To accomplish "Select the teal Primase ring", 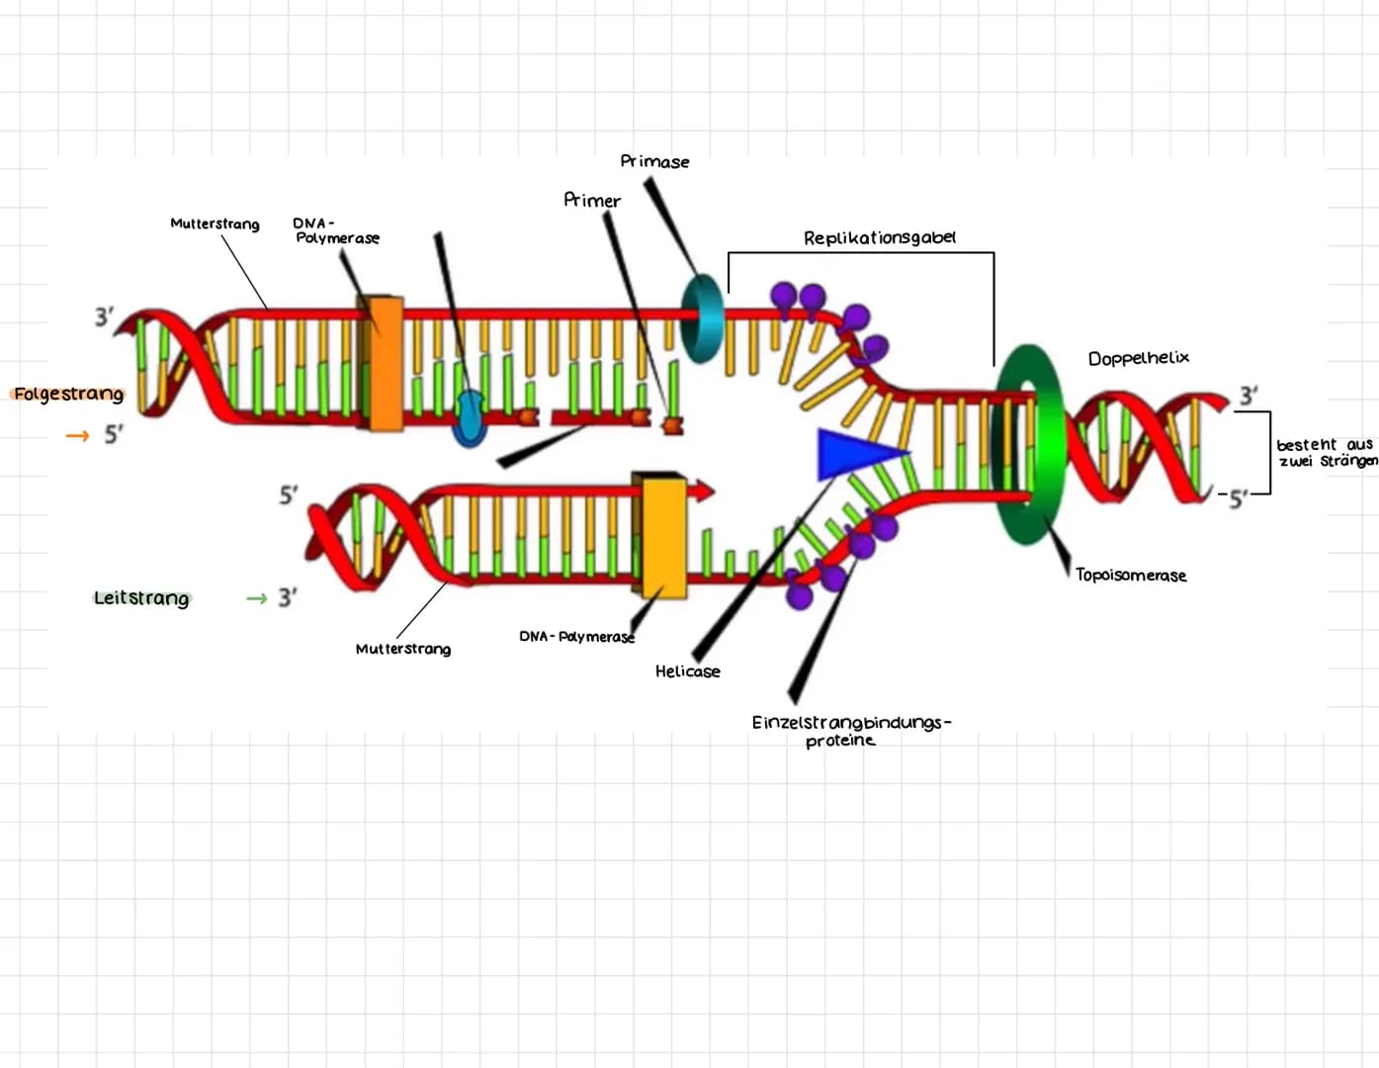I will coord(702,318).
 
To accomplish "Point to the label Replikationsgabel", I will coord(879,238).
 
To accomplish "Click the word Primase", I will coord(654,161).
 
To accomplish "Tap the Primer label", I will coord(592,200).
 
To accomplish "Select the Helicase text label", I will coord(687,671).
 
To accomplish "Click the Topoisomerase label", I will coord(1131,575).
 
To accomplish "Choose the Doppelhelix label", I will coord(1138,358).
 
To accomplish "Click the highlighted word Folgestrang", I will coord(69,394).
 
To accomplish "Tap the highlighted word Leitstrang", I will coord(141,598).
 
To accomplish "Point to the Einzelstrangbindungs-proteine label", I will coord(850,731).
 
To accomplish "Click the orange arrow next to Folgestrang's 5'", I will coord(77,435).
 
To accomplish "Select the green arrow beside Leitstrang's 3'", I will coord(257,598).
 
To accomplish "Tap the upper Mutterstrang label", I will coord(215,223).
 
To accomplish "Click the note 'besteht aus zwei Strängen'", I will coord(1325,453).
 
